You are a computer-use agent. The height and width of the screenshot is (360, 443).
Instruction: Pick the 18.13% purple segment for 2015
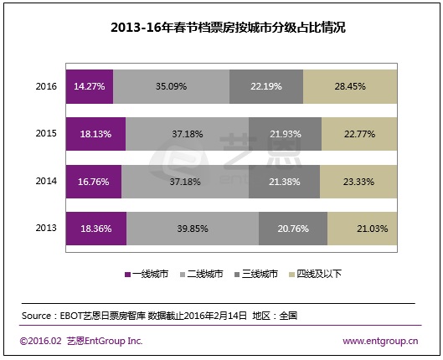click(x=95, y=134)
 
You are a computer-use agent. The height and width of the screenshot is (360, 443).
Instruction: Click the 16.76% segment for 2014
click(x=93, y=181)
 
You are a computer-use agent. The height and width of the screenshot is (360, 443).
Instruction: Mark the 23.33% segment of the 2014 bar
click(x=358, y=181)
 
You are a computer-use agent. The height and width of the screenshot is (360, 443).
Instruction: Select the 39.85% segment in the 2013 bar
click(x=192, y=229)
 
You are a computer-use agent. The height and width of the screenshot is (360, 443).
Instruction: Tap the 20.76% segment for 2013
click(x=293, y=229)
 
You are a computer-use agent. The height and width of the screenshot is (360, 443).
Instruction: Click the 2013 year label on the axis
click(x=46, y=229)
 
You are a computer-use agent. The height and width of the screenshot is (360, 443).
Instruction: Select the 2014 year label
click(x=46, y=181)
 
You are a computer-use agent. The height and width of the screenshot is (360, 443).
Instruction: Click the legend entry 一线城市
click(x=151, y=273)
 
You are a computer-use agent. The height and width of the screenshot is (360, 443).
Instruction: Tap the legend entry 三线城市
click(x=260, y=273)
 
